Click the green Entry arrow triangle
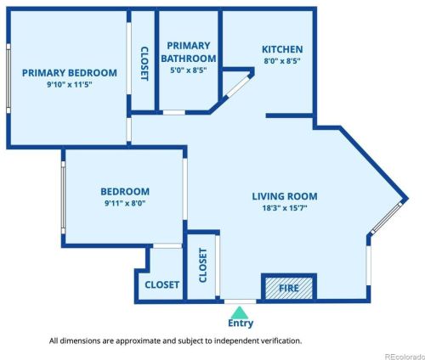click(240, 312)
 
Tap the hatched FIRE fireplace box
click(289, 288)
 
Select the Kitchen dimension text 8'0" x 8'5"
click(282, 61)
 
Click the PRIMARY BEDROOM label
click(70, 73)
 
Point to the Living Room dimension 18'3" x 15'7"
click(285, 208)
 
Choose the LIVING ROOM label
click(285, 196)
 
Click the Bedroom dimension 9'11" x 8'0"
click(125, 203)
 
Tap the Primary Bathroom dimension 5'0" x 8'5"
click(189, 70)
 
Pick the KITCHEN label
click(282, 49)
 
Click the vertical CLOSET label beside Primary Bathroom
click(144, 64)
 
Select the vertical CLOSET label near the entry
click(203, 265)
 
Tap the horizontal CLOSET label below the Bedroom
click(162, 284)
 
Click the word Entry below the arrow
click(241, 323)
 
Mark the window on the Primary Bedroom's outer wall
click(8, 78)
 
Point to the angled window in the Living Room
click(387, 217)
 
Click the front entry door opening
click(241, 301)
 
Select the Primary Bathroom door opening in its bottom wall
click(174, 112)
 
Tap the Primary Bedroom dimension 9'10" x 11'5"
click(70, 84)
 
